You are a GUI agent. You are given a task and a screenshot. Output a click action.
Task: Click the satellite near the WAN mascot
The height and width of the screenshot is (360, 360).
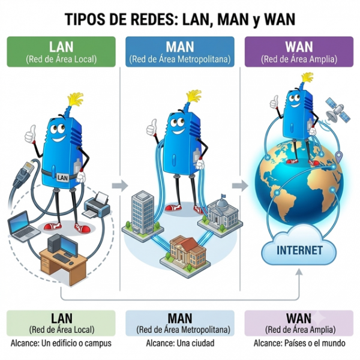(x=338, y=111)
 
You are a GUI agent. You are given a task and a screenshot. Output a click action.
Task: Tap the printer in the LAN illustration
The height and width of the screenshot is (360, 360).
(x=97, y=205)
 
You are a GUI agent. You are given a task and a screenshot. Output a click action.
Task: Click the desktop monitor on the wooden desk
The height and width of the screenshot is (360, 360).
(x=69, y=246)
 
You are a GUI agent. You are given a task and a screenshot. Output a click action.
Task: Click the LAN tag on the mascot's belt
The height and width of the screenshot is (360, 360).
(x=62, y=178)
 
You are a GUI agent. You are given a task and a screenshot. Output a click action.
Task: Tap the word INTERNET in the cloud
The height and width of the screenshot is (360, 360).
(x=299, y=250)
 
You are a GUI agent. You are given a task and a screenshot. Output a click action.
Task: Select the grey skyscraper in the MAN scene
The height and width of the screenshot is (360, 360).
(x=142, y=213)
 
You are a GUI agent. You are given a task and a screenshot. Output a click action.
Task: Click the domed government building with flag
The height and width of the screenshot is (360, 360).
(x=222, y=214)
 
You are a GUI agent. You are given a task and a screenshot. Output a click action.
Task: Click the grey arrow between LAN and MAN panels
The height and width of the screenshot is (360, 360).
(x=120, y=186)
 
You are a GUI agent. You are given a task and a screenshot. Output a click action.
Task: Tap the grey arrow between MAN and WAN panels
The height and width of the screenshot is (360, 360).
(x=240, y=186)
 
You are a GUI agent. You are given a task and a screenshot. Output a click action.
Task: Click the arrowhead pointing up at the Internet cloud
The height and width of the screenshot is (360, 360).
(x=299, y=272)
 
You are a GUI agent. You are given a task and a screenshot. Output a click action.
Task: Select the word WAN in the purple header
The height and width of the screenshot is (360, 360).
(x=299, y=47)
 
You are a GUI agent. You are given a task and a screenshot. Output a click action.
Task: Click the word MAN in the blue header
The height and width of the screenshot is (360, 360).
(x=180, y=47)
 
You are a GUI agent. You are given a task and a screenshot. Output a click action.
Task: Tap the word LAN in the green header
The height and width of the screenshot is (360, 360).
(x=61, y=47)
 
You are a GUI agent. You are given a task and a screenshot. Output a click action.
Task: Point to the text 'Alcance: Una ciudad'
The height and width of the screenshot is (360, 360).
(x=180, y=343)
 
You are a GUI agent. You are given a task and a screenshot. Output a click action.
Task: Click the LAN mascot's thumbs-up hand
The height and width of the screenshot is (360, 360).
(x=31, y=134)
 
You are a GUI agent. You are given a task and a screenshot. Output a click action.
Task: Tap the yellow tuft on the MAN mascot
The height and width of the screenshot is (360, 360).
(x=194, y=96)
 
